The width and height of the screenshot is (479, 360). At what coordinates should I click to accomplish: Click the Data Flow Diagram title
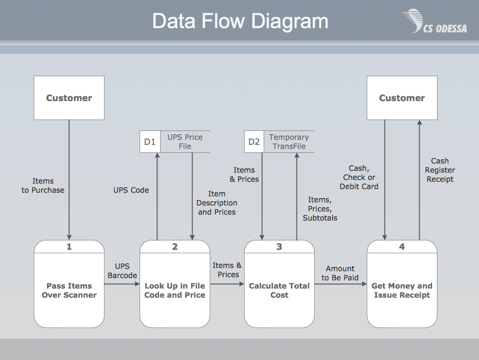[x=240, y=21]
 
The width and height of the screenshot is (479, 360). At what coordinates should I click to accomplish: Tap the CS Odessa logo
[x=434, y=22]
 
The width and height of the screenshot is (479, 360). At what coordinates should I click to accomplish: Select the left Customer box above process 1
[x=69, y=98]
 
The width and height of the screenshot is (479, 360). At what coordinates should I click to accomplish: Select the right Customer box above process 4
[x=402, y=98]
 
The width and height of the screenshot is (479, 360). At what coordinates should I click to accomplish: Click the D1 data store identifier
[x=150, y=142]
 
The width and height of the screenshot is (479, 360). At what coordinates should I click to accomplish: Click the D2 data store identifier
[x=254, y=142]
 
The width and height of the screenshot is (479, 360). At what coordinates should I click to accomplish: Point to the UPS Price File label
[x=185, y=142]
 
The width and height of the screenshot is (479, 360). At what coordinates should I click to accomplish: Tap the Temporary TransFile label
[x=289, y=142]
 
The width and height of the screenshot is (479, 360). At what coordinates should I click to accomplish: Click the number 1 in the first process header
[x=69, y=247]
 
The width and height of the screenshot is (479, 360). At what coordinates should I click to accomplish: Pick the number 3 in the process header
[x=279, y=247]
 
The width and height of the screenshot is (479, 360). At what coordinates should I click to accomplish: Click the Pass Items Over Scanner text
[x=69, y=291]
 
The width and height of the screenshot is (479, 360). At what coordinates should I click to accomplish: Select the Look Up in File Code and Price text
[x=175, y=291]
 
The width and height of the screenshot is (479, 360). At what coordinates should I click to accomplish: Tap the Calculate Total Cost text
[x=279, y=291]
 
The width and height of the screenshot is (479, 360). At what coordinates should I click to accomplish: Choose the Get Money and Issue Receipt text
[x=402, y=291]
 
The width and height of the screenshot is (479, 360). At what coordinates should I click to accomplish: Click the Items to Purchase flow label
[x=43, y=186]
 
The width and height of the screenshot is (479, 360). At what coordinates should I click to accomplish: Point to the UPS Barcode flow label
[x=122, y=271]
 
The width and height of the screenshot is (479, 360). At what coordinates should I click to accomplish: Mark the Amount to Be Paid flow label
[x=340, y=273]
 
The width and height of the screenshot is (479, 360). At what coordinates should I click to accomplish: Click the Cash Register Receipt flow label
[x=440, y=170]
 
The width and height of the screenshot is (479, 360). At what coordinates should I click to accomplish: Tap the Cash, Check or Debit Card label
[x=359, y=177]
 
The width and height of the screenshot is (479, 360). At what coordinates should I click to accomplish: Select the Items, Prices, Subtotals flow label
[x=320, y=209]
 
